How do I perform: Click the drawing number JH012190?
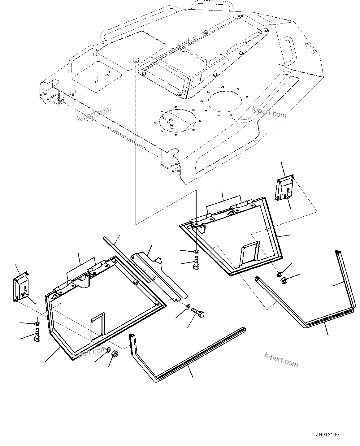coord(327,435)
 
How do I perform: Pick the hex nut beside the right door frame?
coord(283,281)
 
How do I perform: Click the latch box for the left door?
coord(20,288)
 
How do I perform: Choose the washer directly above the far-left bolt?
coord(37,323)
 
